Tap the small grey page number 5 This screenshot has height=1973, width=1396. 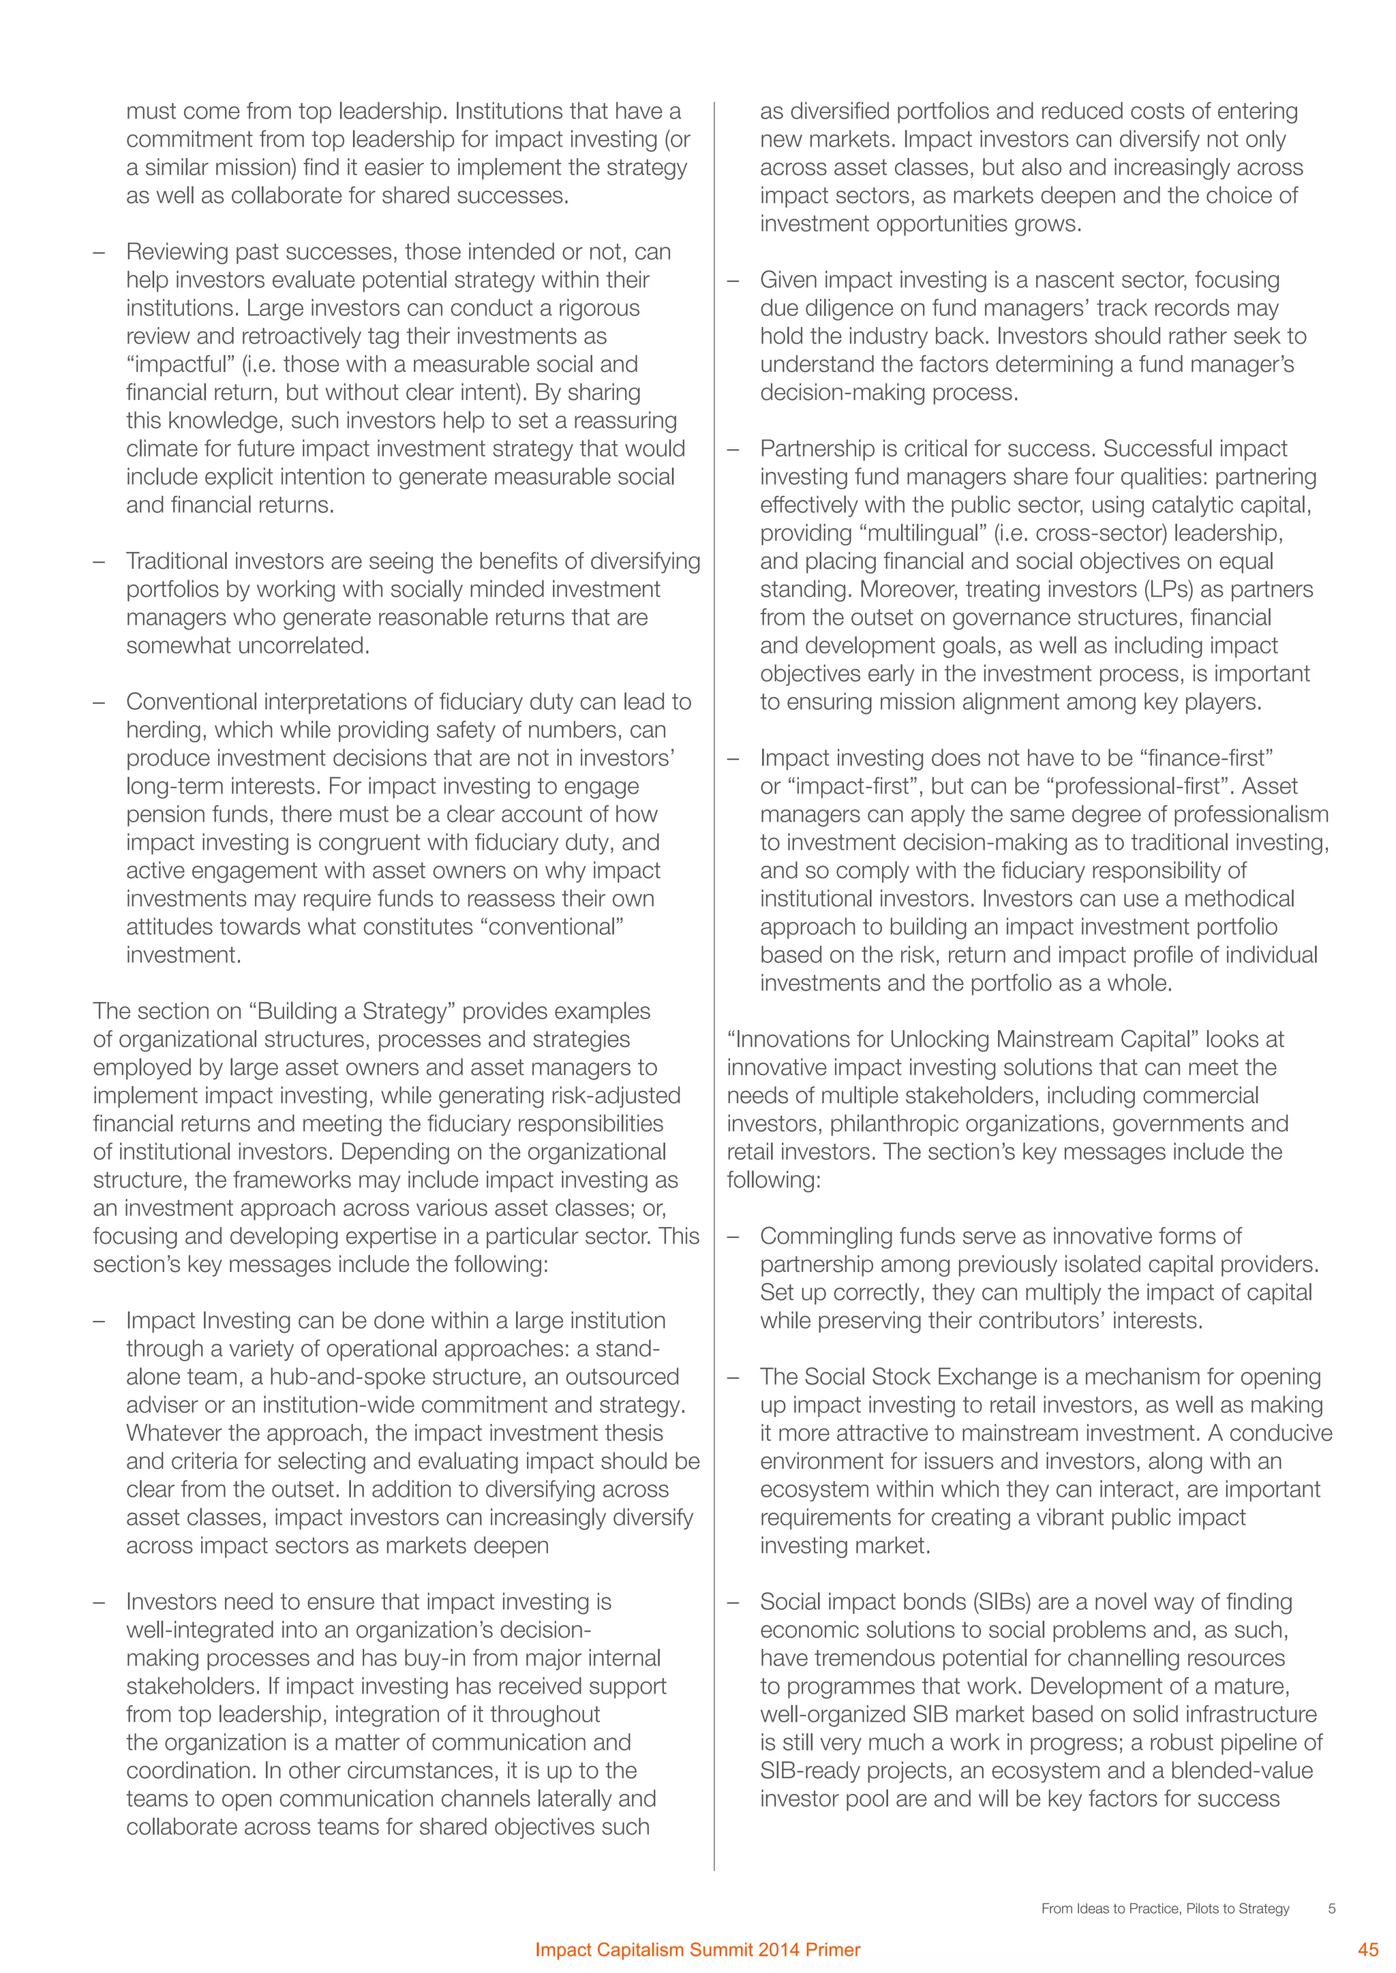pos(1331,1908)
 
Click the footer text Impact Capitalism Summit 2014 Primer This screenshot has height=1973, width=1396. pos(697,1950)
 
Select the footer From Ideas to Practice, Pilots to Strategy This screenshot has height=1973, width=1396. pos(1165,1908)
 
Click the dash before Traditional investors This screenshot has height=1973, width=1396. pos(99,562)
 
